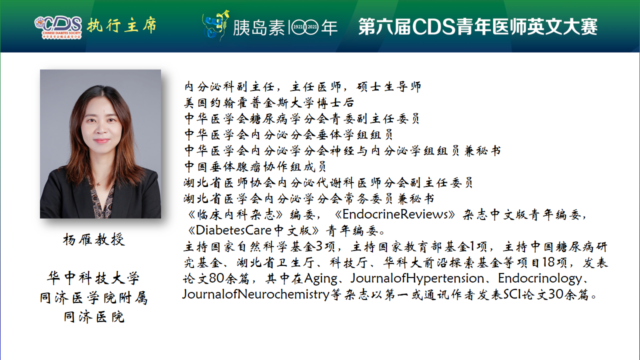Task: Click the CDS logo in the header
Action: [x=58, y=27]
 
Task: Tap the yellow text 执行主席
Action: [x=122, y=25]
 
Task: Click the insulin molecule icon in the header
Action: [x=215, y=25]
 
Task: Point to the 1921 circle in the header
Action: [x=298, y=27]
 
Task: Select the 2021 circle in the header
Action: [x=311, y=27]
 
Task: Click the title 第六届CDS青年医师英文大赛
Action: [x=478, y=26]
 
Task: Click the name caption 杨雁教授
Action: [x=93, y=239]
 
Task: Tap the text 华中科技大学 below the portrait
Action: [x=93, y=278]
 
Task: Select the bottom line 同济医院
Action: [x=94, y=317]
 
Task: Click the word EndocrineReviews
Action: [x=395, y=214]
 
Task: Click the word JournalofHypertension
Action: [x=417, y=278]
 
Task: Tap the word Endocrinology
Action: [x=540, y=278]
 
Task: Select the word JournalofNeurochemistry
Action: [x=256, y=294]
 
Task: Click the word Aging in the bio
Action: [x=320, y=279]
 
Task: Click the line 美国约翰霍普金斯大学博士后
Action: [x=269, y=103]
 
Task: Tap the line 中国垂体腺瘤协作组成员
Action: [x=255, y=166]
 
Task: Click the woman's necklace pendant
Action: [x=99, y=183]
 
